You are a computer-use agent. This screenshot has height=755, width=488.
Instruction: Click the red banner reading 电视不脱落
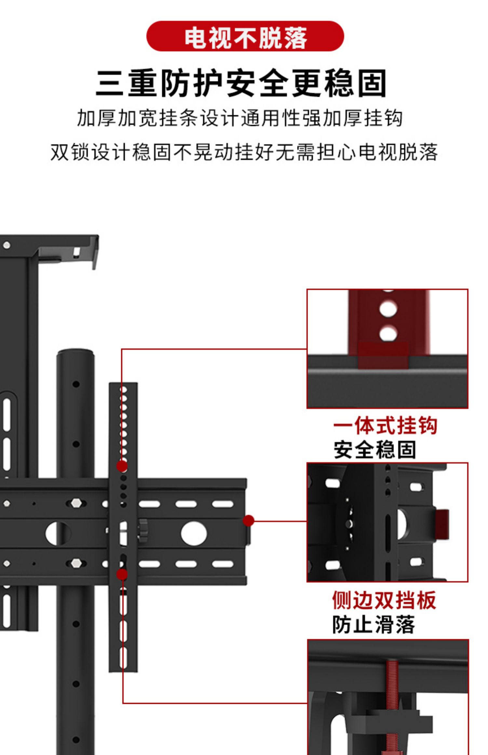245,36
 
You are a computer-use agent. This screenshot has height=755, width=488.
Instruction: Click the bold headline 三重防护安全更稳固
241,83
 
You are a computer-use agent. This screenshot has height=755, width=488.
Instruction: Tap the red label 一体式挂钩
385,426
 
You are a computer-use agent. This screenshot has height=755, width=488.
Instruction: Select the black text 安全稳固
375,450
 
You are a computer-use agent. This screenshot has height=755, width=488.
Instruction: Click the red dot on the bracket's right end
248,521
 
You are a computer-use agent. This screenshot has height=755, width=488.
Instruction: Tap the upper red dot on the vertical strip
122,466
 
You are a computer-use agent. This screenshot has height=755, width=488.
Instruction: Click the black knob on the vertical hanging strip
142,526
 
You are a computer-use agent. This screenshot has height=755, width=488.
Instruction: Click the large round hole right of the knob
194,533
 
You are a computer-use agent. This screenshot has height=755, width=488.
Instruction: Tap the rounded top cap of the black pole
75,353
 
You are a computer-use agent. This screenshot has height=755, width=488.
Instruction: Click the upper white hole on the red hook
388,309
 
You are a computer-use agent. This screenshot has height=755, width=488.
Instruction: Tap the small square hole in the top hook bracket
76,252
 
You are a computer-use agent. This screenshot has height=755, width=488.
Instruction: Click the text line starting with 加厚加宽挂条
240,118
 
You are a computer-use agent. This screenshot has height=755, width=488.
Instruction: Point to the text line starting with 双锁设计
244,152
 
